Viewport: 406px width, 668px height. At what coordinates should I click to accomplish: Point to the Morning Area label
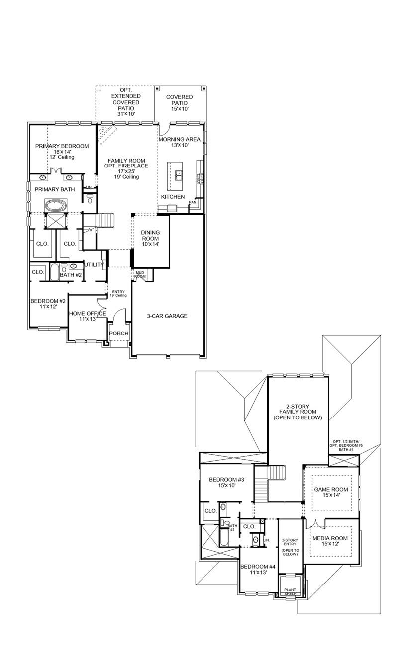[179, 142]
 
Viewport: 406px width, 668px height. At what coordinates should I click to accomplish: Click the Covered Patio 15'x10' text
[179, 103]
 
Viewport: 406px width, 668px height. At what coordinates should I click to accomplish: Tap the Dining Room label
[150, 238]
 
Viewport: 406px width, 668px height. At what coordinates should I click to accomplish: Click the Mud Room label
[140, 274]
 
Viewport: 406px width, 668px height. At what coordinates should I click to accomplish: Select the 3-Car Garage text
[167, 316]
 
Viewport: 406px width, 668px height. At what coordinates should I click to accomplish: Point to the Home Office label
[87, 316]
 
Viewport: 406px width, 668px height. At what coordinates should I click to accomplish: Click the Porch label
[119, 333]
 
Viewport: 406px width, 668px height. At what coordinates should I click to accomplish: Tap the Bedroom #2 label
[48, 304]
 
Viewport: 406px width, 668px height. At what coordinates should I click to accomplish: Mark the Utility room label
[94, 265]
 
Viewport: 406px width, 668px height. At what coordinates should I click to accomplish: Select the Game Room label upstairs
[331, 492]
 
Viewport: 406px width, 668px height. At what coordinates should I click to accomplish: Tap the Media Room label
[330, 541]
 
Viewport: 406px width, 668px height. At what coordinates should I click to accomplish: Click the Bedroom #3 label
[226, 482]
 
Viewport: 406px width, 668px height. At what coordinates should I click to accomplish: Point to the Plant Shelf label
[290, 592]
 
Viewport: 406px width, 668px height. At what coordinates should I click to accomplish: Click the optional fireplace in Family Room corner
[107, 134]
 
